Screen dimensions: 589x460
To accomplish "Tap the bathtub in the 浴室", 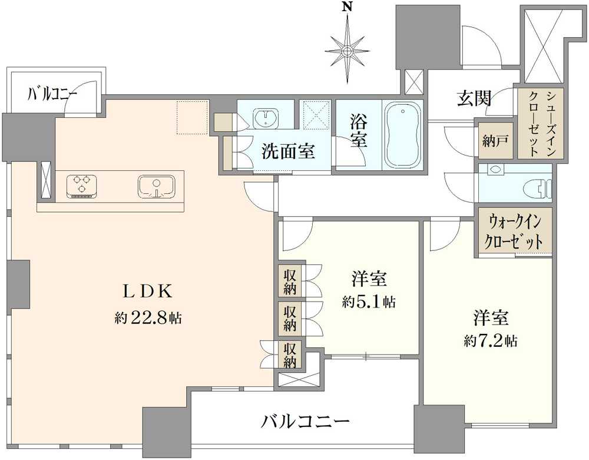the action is (x=403, y=135).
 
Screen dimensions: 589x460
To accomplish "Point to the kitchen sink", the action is (x=156, y=187).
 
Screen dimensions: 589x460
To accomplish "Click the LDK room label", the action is (x=148, y=291).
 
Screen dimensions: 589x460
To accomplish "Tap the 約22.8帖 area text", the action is (x=148, y=319).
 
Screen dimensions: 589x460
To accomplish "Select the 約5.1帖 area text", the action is (x=369, y=302).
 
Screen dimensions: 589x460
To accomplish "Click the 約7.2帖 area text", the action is (x=491, y=341).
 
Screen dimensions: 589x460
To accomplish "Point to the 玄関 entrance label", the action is (x=474, y=99).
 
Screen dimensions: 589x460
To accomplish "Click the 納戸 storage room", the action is (x=495, y=141).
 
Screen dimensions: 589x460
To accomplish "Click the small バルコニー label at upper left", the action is (x=52, y=93).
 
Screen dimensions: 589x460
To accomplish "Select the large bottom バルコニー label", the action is (x=305, y=421).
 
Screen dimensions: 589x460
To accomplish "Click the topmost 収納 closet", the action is (x=290, y=282).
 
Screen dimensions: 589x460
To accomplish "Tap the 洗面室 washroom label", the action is (x=288, y=151).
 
